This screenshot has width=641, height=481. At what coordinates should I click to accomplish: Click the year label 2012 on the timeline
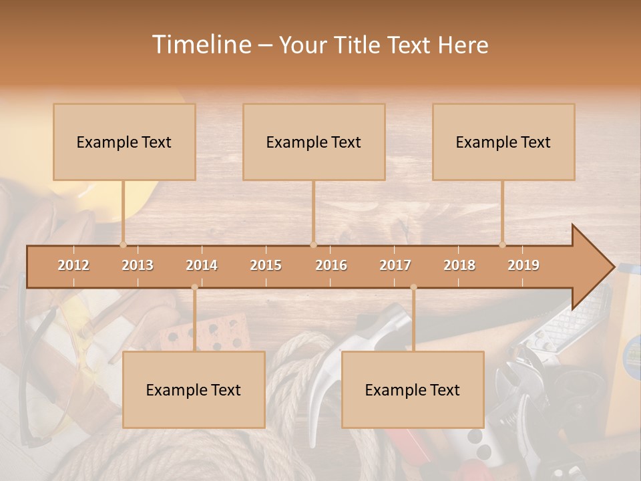[x=73, y=265]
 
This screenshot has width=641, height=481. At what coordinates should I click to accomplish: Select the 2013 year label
[x=138, y=265]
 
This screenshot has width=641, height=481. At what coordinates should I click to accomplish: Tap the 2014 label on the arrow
[x=202, y=265]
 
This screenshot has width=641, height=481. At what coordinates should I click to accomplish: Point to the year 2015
[x=266, y=265]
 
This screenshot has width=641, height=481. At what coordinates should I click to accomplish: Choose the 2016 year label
[x=331, y=265]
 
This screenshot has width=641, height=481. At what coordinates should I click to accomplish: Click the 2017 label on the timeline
[x=395, y=265]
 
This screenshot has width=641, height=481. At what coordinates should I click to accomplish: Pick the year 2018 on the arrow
[x=459, y=265]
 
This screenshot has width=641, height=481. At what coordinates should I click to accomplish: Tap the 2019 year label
[x=523, y=265]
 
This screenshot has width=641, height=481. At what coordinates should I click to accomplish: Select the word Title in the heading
[x=358, y=45]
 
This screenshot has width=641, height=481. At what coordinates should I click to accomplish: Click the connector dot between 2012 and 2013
[x=123, y=245]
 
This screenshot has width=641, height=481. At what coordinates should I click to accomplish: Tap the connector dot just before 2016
[x=313, y=245]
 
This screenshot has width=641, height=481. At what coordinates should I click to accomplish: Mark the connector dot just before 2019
[x=503, y=245]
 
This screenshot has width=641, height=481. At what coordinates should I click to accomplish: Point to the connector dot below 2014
[x=194, y=287]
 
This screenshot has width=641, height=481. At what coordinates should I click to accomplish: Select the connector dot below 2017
[x=413, y=287]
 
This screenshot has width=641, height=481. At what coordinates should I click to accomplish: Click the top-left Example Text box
[x=124, y=142]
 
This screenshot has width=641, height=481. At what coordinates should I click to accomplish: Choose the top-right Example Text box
[x=503, y=142]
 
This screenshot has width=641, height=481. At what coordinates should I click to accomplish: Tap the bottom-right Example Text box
[x=413, y=389]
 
